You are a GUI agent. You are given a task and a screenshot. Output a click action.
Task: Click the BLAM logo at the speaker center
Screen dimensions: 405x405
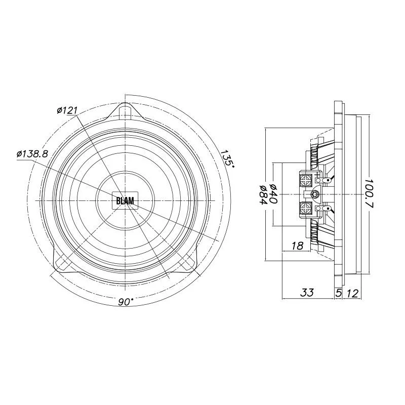point(125,200)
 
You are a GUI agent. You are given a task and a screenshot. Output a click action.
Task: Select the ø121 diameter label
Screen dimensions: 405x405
point(67,110)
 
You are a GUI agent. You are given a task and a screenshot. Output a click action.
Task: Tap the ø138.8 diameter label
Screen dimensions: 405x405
point(32,154)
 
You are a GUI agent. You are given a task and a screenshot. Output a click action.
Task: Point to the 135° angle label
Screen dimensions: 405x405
point(227,158)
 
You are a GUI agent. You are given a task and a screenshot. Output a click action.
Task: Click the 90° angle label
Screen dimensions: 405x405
point(126,302)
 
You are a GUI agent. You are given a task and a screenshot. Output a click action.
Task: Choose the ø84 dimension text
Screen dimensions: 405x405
point(263,194)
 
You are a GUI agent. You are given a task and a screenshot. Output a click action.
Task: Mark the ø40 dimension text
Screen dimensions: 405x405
point(273,194)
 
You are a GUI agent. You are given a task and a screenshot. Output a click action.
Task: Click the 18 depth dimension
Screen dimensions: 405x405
point(297,246)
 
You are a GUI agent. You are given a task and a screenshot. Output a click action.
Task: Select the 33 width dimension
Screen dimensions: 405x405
point(307,293)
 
